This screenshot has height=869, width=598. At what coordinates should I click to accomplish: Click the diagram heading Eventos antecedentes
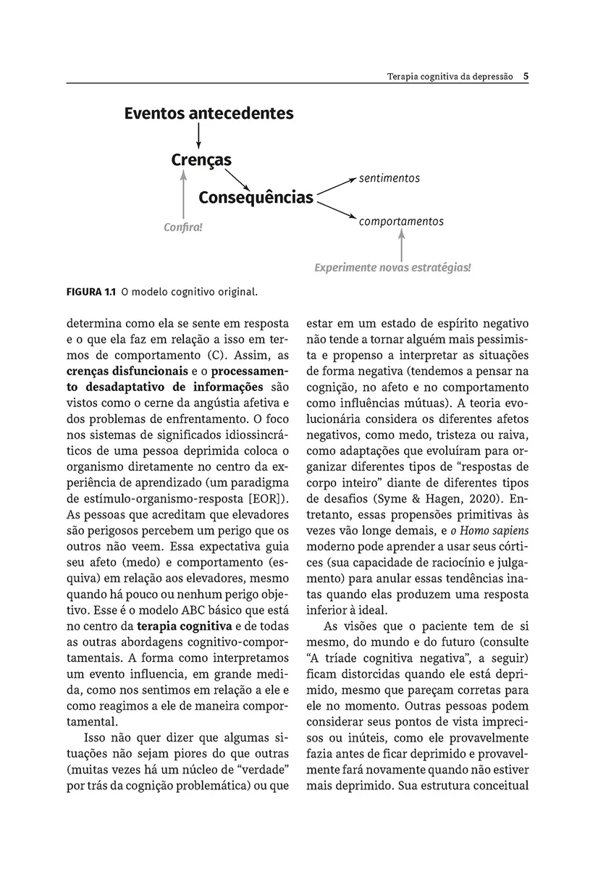[x=209, y=114]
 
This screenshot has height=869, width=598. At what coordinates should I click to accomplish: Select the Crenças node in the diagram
[x=201, y=159]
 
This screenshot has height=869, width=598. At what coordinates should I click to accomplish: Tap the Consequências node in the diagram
[x=256, y=198]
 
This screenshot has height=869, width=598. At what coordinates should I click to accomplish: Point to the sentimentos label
[x=389, y=178]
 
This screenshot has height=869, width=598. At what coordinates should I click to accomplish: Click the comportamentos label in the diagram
[x=401, y=222]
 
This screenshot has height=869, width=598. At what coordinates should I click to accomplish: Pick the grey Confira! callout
[x=183, y=227]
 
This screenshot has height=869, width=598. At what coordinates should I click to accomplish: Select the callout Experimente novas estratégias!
[x=392, y=267]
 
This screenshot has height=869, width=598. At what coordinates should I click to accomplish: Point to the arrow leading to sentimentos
[x=335, y=185]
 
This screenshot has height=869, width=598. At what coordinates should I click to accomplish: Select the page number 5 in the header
[x=526, y=75]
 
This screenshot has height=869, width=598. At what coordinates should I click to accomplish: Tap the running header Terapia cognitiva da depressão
[x=450, y=75]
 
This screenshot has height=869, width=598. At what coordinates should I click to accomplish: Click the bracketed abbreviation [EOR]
[x=268, y=499]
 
